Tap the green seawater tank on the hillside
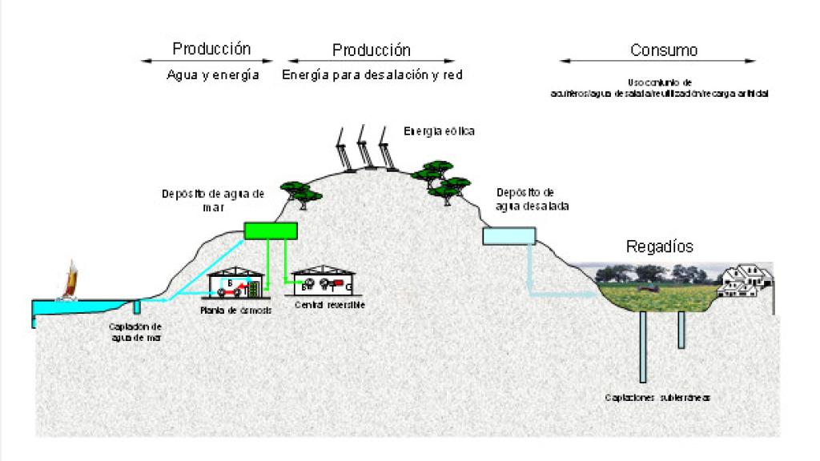(271, 230)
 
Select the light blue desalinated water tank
(508, 235)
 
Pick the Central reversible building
(323, 282)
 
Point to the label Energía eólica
(440, 131)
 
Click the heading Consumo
(663, 50)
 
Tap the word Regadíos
(659, 246)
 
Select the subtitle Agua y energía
(212, 74)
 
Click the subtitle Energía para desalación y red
(372, 74)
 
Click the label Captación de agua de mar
(136, 331)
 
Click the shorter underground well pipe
(681, 329)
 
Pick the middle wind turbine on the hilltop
(366, 148)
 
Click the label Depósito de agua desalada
(525, 198)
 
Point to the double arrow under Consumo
(657, 61)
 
